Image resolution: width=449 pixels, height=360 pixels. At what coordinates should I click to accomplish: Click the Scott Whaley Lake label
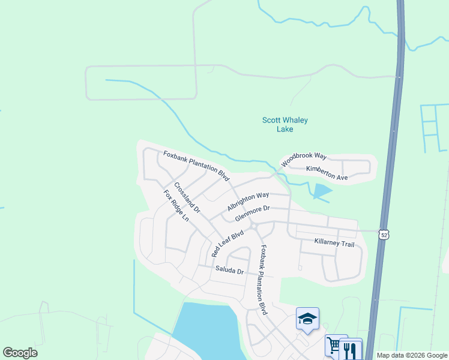click(x=285, y=124)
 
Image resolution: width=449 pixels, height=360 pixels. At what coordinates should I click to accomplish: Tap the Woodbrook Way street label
click(x=303, y=158)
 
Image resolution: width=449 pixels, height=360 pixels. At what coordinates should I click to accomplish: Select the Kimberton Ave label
click(x=327, y=173)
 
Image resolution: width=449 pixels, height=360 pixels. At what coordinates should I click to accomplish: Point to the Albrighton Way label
click(x=248, y=202)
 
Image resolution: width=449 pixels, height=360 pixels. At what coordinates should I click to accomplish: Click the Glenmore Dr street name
click(x=253, y=213)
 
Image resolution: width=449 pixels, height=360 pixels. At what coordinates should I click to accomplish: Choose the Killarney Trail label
click(x=334, y=243)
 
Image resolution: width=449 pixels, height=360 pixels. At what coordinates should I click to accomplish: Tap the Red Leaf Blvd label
click(x=228, y=243)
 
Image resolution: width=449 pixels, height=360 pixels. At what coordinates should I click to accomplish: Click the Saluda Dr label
click(x=229, y=271)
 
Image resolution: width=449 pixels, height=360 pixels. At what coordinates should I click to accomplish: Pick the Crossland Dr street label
click(x=187, y=198)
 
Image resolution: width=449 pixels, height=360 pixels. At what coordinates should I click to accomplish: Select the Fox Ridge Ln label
click(x=176, y=206)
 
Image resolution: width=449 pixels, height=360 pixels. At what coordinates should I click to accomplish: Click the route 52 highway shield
click(x=384, y=234)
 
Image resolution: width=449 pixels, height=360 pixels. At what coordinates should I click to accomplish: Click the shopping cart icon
click(x=334, y=344)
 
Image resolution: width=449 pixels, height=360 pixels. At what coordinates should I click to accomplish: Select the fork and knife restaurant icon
click(x=351, y=349)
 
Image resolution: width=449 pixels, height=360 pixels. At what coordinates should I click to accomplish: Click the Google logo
click(x=20, y=353)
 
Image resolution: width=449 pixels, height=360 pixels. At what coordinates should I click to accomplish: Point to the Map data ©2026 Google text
click(x=412, y=355)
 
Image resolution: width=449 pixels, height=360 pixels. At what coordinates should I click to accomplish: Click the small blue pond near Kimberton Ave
click(x=321, y=191)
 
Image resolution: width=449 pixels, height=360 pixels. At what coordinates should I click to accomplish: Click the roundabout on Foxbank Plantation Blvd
click(x=255, y=226)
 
